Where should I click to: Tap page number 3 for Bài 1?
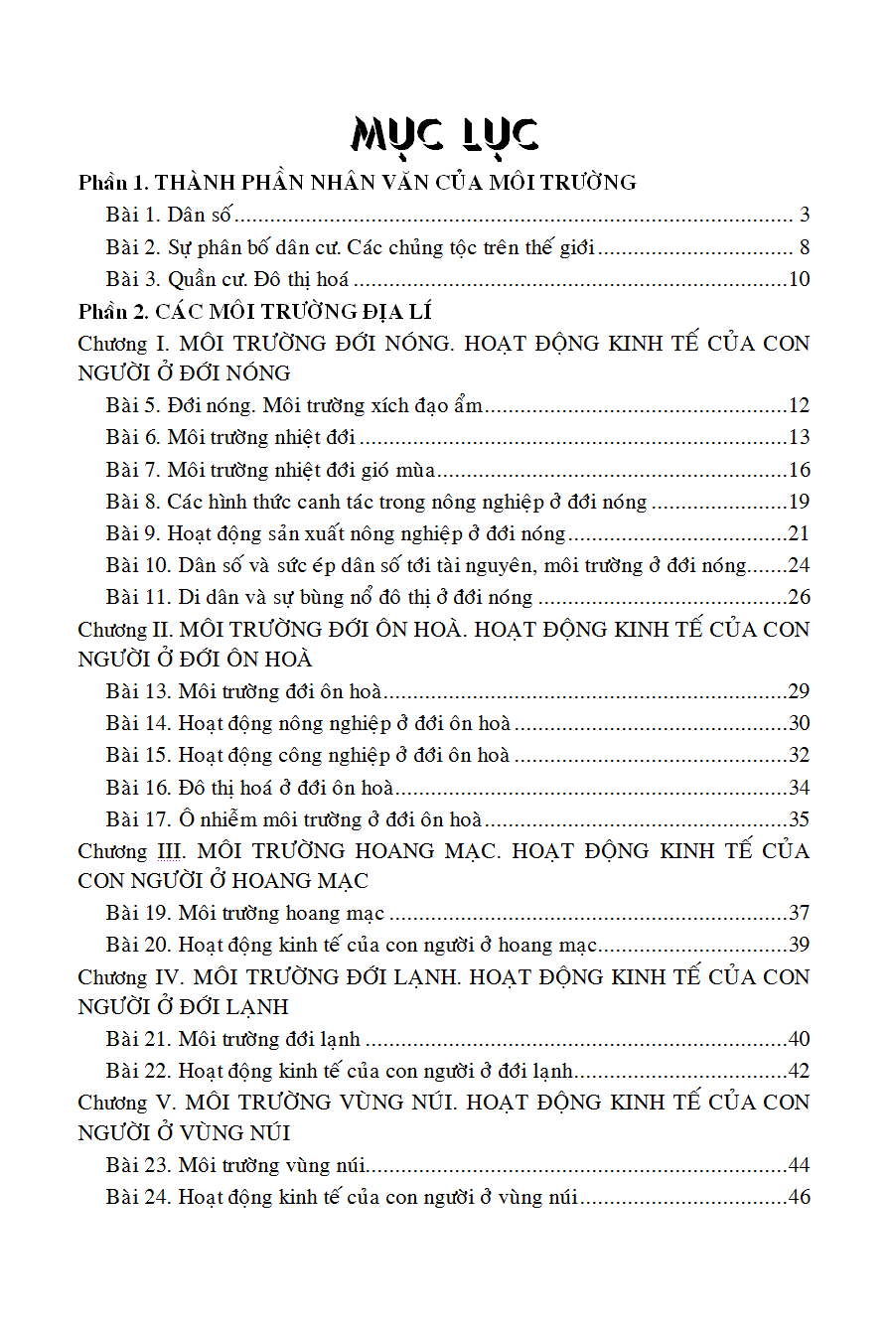coord(805,215)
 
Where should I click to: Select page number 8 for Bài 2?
coord(805,247)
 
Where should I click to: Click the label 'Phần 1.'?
coord(114,183)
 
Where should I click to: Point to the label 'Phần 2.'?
coord(114,312)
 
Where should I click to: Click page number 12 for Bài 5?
coord(799,405)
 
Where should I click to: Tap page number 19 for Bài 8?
coord(799,502)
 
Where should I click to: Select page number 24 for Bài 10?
coord(799,565)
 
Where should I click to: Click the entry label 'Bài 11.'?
coord(139,598)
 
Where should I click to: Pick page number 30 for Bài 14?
coord(799,723)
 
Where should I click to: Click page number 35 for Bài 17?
coord(799,819)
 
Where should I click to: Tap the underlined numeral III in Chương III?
coord(168,851)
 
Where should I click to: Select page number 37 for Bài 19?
coord(799,913)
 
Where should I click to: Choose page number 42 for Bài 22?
coord(799,1071)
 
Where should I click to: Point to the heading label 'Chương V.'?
coord(126,1103)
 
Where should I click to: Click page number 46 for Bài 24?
coord(799,1197)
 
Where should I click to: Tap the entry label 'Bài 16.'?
coord(139,788)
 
